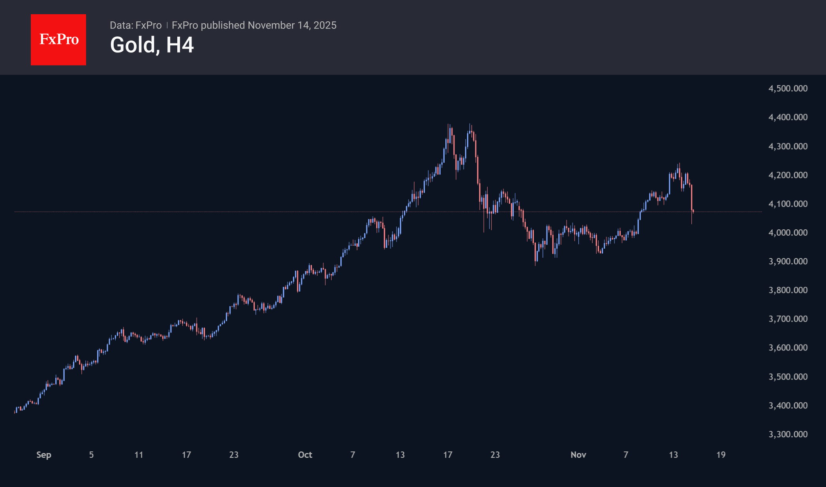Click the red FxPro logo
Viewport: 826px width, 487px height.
pos(58,39)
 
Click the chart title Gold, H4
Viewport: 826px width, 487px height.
pos(152,45)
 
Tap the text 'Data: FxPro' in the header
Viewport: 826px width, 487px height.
pos(135,25)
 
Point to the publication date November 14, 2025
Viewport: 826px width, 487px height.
pos(292,25)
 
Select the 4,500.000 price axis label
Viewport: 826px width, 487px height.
pos(788,88)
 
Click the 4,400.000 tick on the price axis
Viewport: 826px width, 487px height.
pos(788,117)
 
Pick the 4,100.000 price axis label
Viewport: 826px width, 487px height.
pos(788,204)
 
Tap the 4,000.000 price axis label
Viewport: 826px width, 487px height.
pos(788,232)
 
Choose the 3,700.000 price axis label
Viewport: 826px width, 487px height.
pos(788,319)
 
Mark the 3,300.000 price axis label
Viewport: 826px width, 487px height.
pos(788,434)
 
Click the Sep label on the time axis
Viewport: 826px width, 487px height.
pos(44,455)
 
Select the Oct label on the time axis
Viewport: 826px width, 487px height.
pos(305,455)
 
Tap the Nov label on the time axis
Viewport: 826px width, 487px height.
pos(578,455)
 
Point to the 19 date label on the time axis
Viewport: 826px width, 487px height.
pos(721,455)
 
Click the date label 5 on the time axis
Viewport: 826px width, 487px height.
pos(91,455)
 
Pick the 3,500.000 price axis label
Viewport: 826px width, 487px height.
pos(788,376)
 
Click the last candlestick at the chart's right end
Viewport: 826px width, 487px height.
pos(693,212)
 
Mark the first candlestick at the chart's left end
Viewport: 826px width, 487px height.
pos(15,412)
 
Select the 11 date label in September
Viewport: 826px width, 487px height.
pos(139,455)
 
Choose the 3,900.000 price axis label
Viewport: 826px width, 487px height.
pos(788,261)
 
